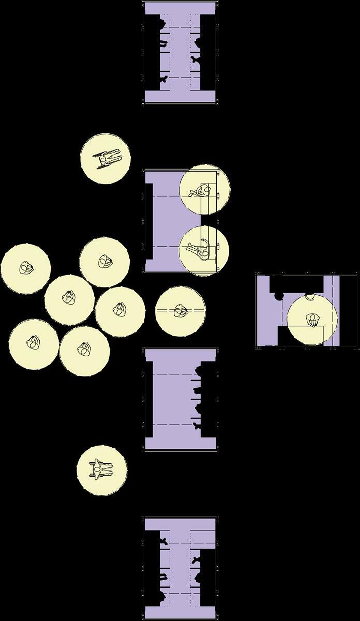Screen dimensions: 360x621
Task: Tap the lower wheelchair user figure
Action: coord(102,469)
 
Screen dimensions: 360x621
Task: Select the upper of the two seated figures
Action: coord(201,192)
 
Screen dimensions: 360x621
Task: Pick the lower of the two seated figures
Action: coord(200,251)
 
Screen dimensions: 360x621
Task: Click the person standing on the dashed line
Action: coord(181,311)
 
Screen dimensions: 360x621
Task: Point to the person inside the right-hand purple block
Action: coord(312,321)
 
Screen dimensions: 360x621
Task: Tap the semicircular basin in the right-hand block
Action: coord(310,296)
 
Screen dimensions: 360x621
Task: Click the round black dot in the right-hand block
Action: coord(279,297)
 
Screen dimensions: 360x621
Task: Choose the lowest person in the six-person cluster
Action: coord(84,351)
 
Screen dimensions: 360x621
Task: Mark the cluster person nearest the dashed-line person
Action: coord(119,310)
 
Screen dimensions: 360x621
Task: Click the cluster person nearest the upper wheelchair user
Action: coord(104,262)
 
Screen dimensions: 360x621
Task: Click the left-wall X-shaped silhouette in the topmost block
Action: coord(163,79)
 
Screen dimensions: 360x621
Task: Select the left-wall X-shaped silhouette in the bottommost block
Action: coord(163,541)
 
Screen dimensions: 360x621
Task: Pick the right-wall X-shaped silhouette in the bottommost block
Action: coord(196,560)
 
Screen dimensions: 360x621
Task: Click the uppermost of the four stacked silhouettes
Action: coord(199,369)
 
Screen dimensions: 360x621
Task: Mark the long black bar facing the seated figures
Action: coord(149,221)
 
